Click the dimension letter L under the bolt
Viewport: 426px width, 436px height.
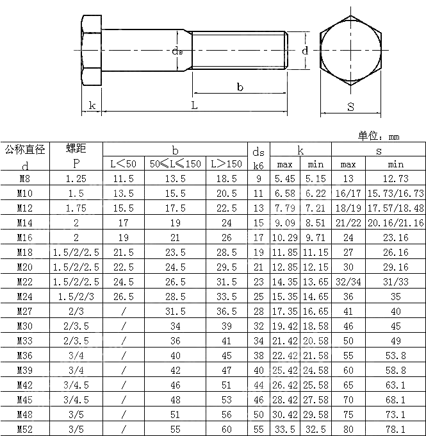[194, 106]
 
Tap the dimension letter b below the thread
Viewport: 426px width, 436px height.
[240, 87]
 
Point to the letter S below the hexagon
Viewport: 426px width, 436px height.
[350, 107]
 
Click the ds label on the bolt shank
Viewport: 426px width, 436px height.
[177, 51]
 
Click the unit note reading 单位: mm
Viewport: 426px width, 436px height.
[378, 136]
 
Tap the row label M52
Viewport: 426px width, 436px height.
[24, 429]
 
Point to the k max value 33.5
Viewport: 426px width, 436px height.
[284, 429]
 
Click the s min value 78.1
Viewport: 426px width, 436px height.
[395, 429]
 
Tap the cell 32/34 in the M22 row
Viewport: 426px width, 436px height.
[348, 282]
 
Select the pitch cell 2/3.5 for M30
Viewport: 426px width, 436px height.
[76, 326]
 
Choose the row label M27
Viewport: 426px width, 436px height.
[24, 312]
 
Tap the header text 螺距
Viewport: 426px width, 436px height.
[76, 149]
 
